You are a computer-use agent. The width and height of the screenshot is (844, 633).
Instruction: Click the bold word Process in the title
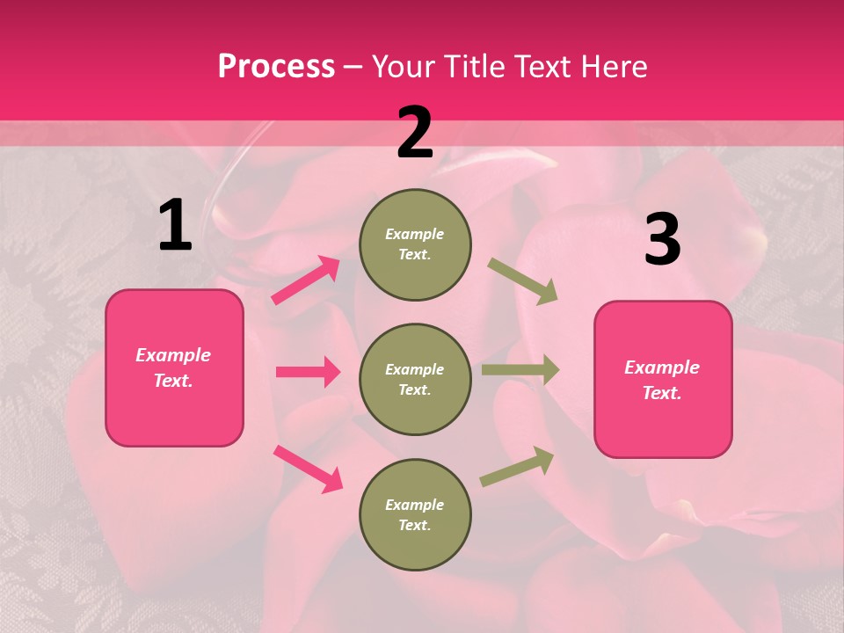click(276, 66)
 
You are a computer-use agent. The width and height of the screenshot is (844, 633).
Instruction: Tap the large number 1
click(175, 226)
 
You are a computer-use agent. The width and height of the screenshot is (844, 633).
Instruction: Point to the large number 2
click(415, 133)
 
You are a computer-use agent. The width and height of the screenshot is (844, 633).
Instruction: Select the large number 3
click(662, 240)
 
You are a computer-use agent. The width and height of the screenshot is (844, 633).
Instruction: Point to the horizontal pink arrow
click(308, 372)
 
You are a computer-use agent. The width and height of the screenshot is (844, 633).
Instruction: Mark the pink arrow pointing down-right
click(308, 469)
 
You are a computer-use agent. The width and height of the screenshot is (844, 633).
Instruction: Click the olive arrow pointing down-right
click(522, 281)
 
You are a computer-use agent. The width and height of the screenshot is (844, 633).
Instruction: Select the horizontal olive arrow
click(520, 370)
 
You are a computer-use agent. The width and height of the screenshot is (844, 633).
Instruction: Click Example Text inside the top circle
click(415, 244)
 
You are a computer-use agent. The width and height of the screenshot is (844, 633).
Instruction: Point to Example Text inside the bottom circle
click(415, 515)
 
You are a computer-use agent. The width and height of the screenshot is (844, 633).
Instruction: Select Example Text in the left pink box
click(173, 367)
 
